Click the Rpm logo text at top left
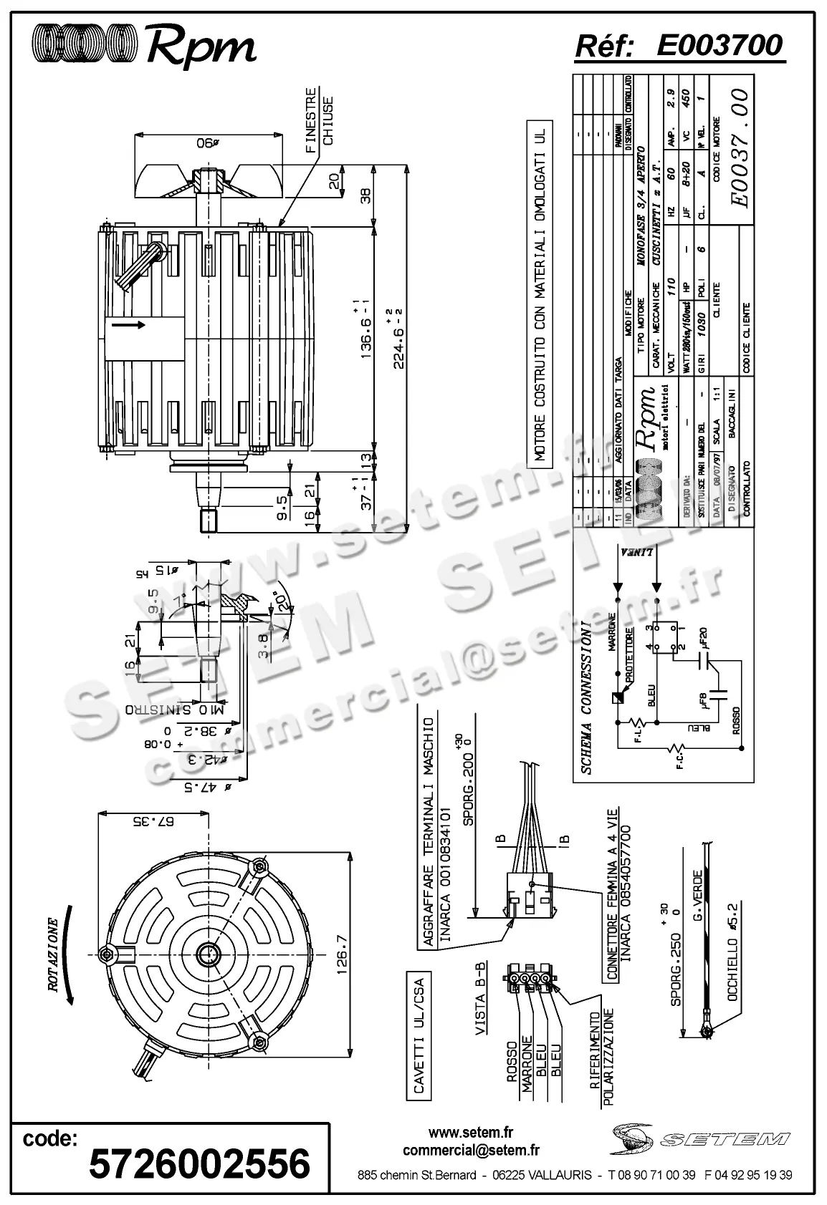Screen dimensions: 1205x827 coord(200,47)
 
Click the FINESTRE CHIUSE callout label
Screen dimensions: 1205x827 coord(319,121)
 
